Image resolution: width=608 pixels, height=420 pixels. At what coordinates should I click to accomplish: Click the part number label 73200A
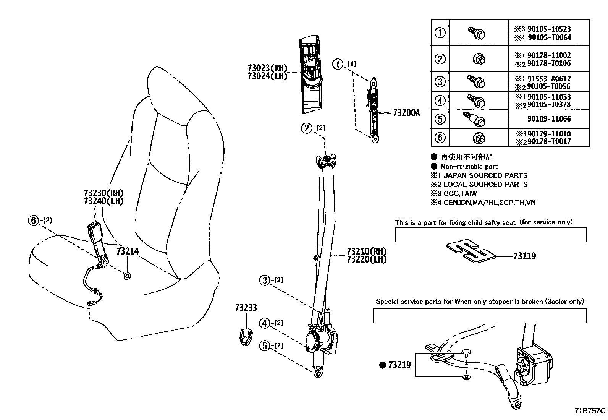click(406, 113)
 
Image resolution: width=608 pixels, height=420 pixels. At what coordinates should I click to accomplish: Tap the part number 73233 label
click(246, 308)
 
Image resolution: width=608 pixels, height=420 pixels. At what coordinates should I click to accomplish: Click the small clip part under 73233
click(245, 336)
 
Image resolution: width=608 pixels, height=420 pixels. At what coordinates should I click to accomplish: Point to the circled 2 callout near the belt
click(307, 128)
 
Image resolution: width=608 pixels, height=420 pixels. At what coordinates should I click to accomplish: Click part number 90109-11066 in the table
click(549, 119)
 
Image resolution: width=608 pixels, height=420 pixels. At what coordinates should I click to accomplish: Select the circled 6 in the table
click(440, 137)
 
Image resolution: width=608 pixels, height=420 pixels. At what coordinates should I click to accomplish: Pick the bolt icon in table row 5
click(475, 119)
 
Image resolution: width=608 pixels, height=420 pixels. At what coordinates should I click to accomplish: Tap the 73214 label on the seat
click(127, 251)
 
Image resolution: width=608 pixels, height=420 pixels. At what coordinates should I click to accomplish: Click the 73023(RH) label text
click(267, 68)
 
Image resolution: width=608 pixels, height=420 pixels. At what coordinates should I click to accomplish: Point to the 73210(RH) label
click(367, 251)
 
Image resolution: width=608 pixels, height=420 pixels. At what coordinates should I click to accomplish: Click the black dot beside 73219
click(382, 365)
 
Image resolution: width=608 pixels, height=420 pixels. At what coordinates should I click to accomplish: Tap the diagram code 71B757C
click(590, 411)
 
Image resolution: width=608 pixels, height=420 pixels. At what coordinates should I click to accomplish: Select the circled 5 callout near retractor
click(265, 346)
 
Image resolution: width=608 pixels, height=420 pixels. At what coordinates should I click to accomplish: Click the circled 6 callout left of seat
click(33, 220)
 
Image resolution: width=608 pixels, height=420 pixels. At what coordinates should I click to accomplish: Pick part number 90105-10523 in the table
click(549, 29)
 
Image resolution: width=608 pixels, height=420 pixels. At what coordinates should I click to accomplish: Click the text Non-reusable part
click(469, 167)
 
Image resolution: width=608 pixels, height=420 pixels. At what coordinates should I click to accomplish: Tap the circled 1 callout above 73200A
click(338, 64)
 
